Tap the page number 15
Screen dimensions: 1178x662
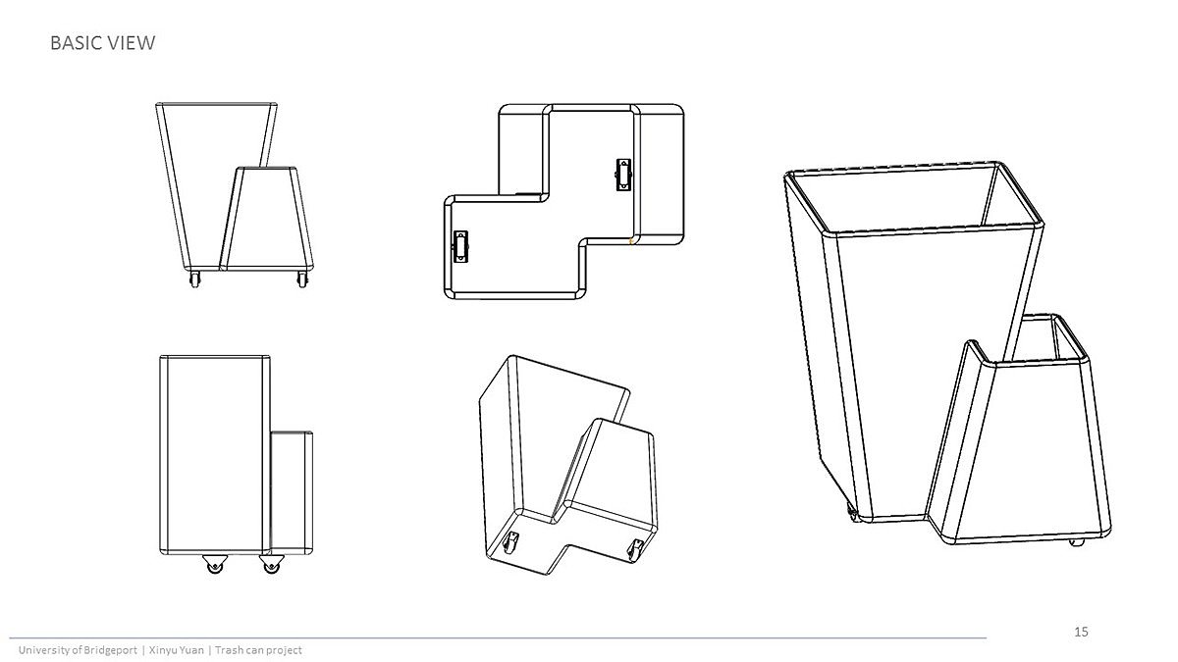pyautogui.click(x=1081, y=632)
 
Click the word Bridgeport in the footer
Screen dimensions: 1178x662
pyautogui.click(x=110, y=650)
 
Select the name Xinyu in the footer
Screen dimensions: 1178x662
pyautogui.click(x=162, y=650)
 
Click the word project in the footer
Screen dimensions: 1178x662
pyautogui.click(x=284, y=650)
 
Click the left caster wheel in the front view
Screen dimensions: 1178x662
pyautogui.click(x=194, y=279)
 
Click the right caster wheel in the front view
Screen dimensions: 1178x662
pyautogui.click(x=302, y=279)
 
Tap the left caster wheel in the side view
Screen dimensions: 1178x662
pyautogui.click(x=215, y=564)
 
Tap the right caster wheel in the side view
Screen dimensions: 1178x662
pyautogui.click(x=271, y=564)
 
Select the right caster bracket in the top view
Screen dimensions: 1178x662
pyautogui.click(x=623, y=174)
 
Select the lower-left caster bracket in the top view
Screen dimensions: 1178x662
pyautogui.click(x=460, y=246)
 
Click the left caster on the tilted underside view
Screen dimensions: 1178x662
pyautogui.click(x=510, y=541)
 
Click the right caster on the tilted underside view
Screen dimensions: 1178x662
pyautogui.click(x=636, y=549)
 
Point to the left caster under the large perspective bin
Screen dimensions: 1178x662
pyautogui.click(x=851, y=512)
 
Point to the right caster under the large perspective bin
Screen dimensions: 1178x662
pyautogui.click(x=1076, y=542)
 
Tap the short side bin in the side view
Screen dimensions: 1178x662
pyautogui.click(x=292, y=492)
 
